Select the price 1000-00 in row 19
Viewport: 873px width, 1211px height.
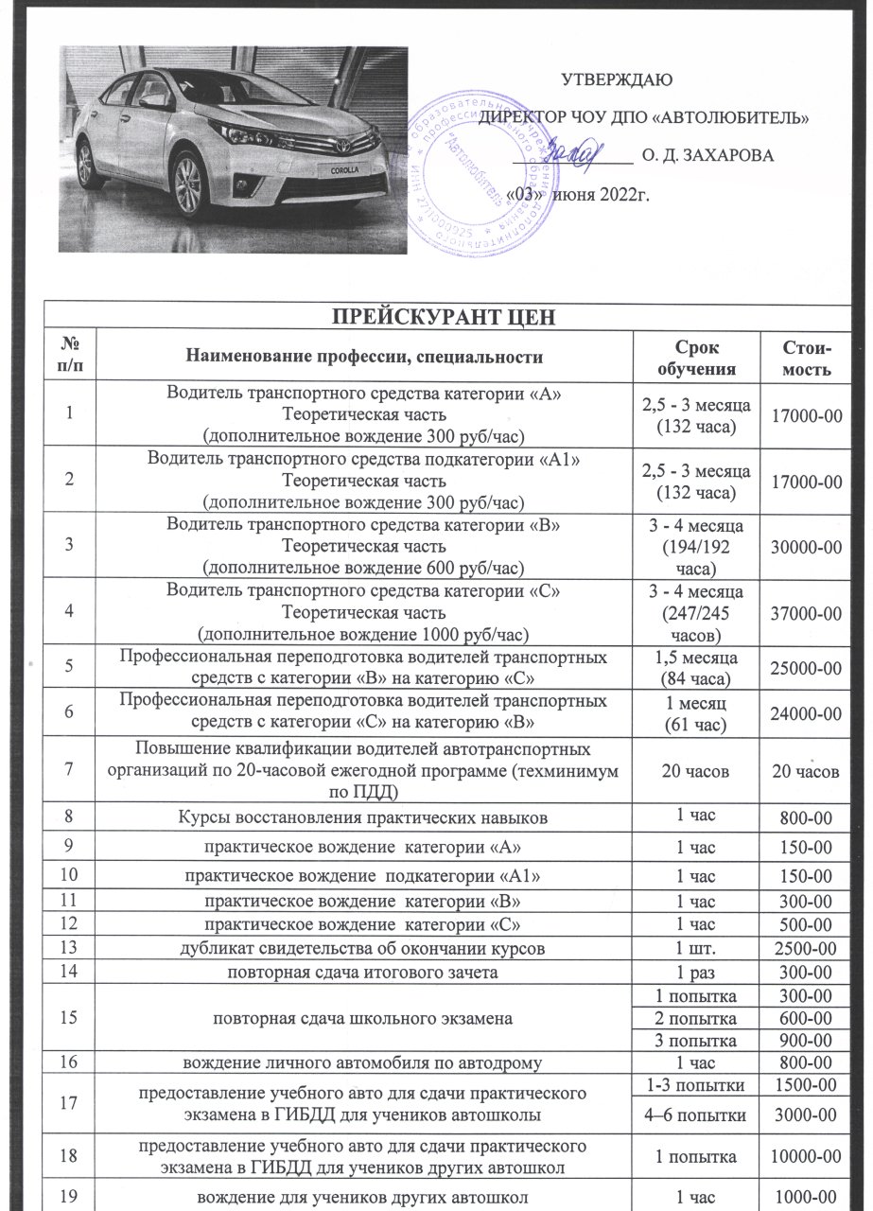point(806,1194)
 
